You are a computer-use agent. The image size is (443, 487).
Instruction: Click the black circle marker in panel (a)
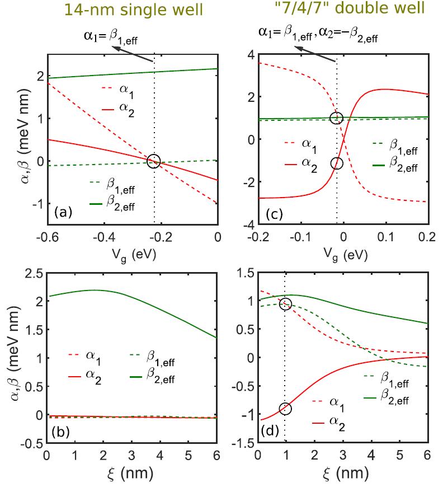(x=153, y=161)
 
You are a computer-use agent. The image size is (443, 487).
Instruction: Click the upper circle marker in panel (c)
(x=336, y=118)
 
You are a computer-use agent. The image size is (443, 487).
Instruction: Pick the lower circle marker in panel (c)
(x=336, y=163)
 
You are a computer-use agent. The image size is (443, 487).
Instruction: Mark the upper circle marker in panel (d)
(x=285, y=304)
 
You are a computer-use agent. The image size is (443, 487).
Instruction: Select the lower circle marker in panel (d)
(x=285, y=409)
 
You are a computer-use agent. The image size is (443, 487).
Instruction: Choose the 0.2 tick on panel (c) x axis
(x=427, y=236)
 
